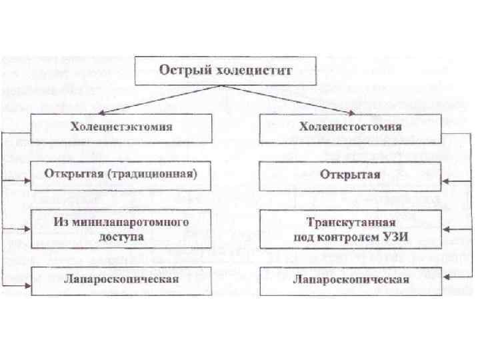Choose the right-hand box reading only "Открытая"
tap(350, 175)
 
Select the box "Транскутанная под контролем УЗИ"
tap(350, 227)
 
